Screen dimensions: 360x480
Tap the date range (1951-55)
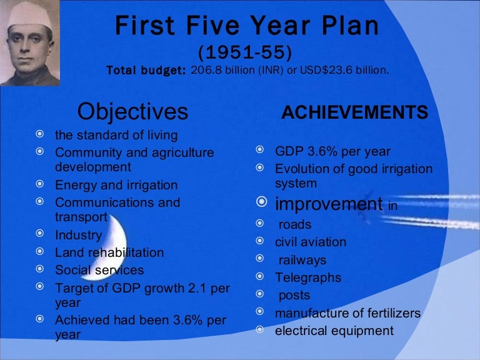244,51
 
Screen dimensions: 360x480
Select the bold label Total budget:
146,71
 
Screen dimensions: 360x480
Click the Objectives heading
132,112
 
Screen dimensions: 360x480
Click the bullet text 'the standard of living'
116,135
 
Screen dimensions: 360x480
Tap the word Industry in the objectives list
78,236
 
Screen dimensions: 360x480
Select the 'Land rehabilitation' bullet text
109,253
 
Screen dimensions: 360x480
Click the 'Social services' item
99,271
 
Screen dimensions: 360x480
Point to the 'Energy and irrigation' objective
116,186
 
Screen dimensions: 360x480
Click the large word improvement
329,204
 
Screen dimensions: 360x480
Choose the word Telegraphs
308,277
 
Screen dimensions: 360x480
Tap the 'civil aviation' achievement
311,242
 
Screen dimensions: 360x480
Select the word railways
302,260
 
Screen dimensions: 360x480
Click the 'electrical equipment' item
334,331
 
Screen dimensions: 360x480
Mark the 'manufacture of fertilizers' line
347,313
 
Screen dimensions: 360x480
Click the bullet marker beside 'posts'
260,295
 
